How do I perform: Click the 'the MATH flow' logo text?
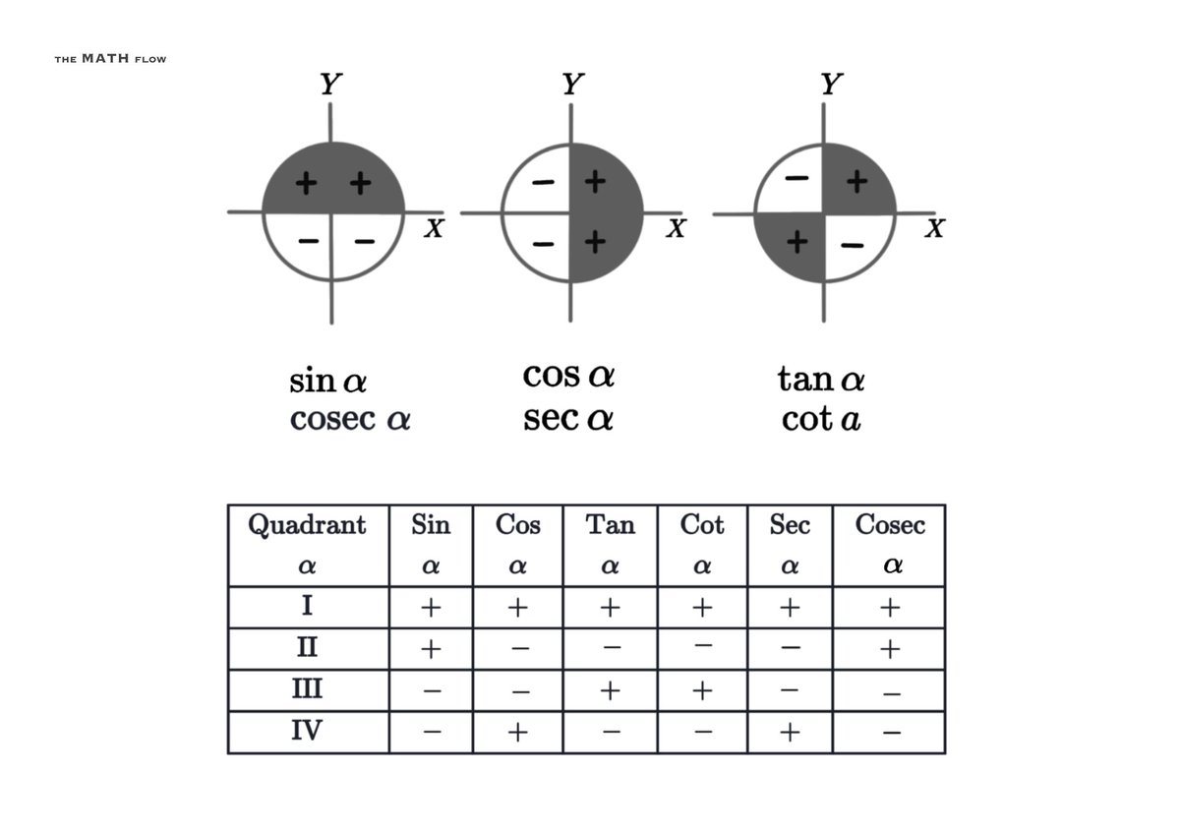click(x=110, y=59)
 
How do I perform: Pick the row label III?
click(x=307, y=689)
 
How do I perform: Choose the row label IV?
click(x=307, y=731)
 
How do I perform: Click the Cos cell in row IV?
click(x=518, y=732)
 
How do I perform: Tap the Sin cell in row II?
click(x=430, y=649)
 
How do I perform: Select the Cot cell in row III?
click(x=701, y=690)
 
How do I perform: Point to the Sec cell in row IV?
click(x=789, y=732)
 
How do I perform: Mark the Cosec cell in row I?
click(x=890, y=608)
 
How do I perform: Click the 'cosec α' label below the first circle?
click(x=350, y=420)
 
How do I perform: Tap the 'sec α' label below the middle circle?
click(x=568, y=420)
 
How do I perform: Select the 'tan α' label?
click(x=821, y=379)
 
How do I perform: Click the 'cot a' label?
click(x=821, y=420)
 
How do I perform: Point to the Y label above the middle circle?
click(x=571, y=85)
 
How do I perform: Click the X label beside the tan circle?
click(x=934, y=229)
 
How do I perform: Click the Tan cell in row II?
click(x=611, y=649)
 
